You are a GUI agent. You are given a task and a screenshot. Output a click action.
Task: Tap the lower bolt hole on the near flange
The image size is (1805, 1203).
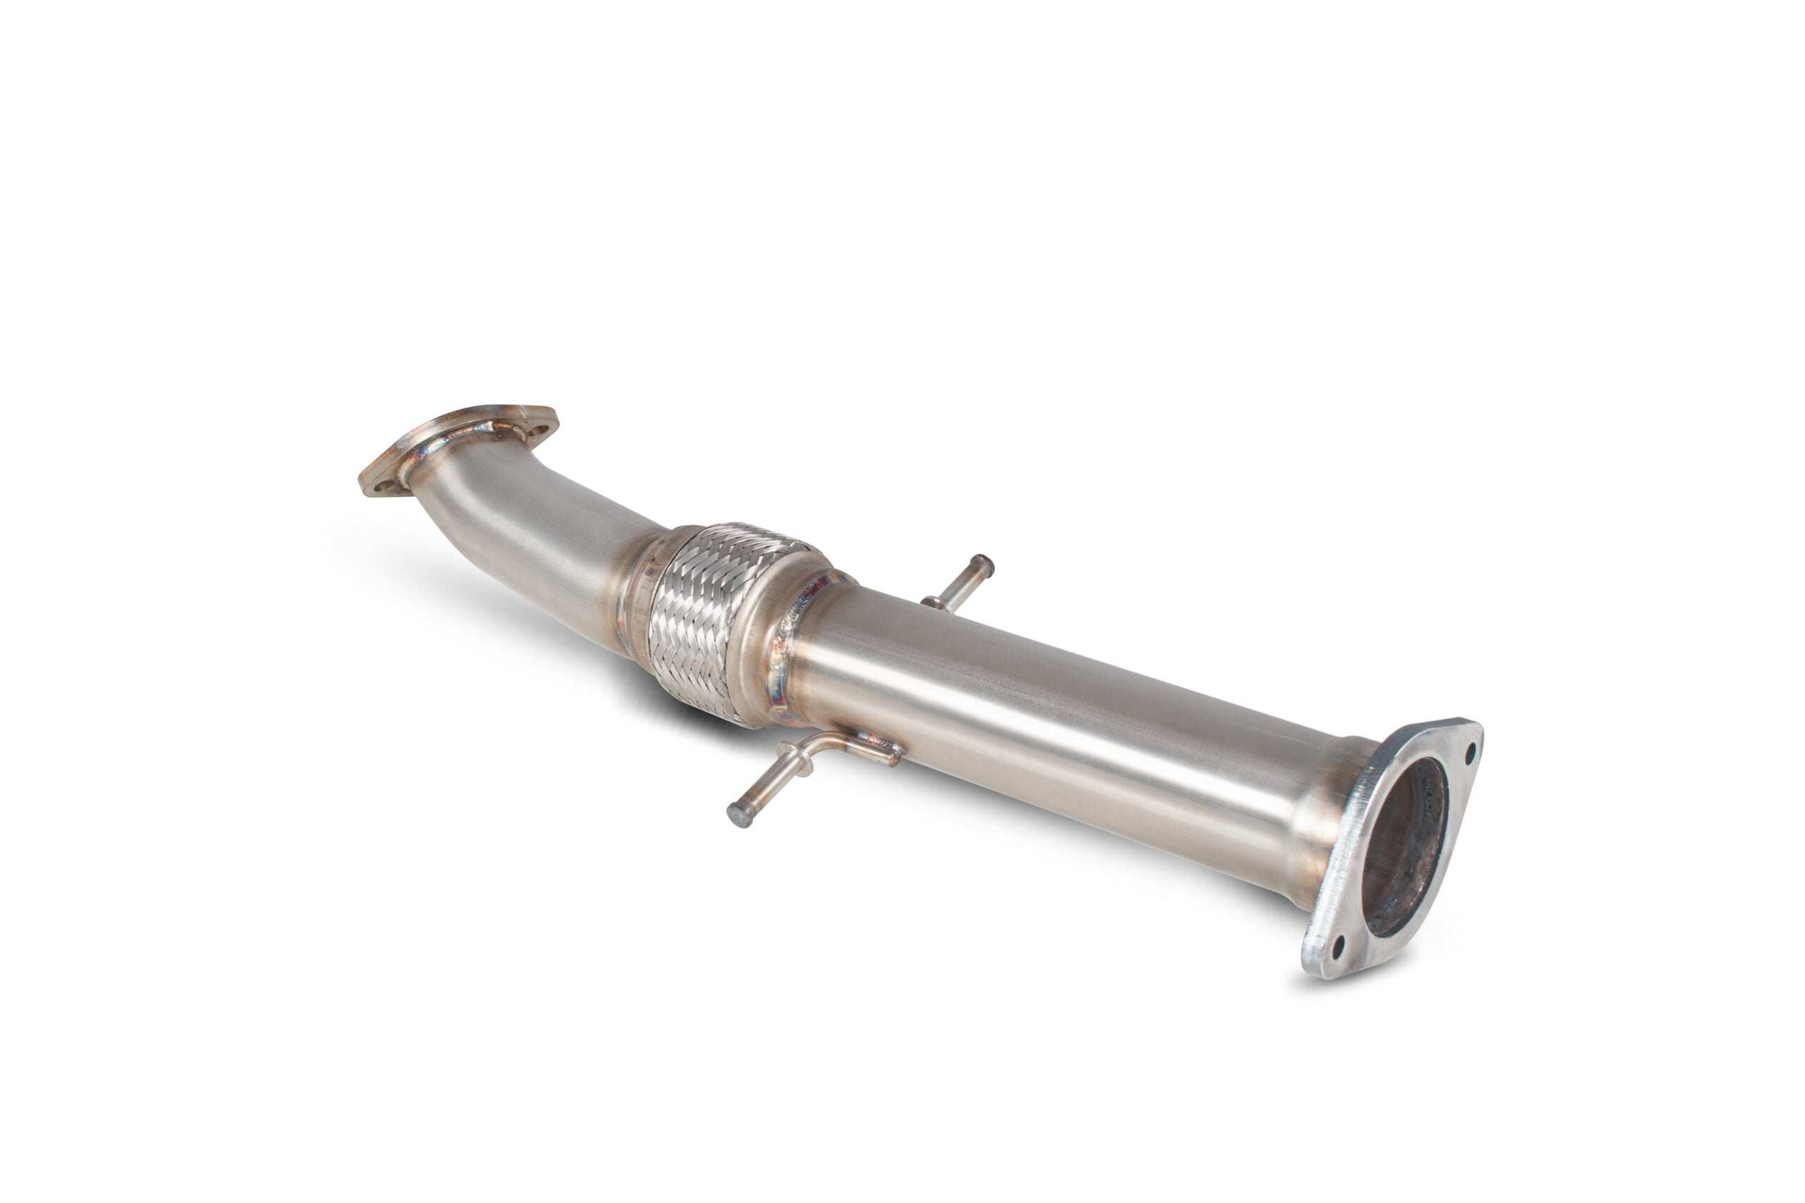(x=1338, y=946)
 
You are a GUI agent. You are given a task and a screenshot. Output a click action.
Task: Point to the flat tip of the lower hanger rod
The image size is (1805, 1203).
(x=738, y=815)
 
